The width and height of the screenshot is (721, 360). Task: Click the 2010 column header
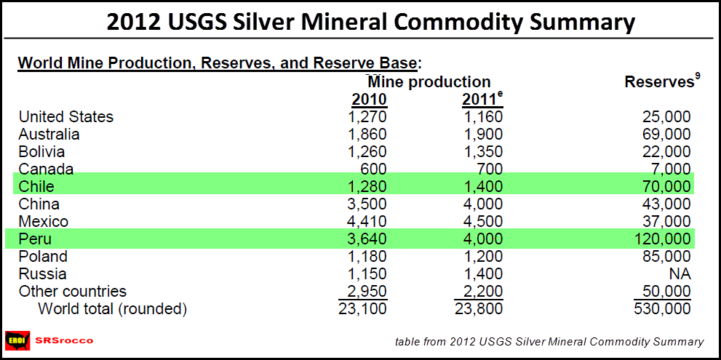coord(370,99)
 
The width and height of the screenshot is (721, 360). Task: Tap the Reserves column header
coord(660,82)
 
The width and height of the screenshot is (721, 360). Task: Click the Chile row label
coord(36,187)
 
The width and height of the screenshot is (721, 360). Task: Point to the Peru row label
coord(34,239)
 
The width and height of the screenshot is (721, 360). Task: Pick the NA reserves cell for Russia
coord(680,274)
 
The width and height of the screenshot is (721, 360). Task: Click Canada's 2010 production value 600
coord(375,169)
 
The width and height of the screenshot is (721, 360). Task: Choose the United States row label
coord(65,117)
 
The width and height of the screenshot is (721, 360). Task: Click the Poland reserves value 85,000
coord(666,257)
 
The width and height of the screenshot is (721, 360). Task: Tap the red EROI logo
coord(17,340)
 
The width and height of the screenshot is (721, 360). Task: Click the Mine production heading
coord(429,82)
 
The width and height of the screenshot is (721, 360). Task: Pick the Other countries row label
coord(72,292)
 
